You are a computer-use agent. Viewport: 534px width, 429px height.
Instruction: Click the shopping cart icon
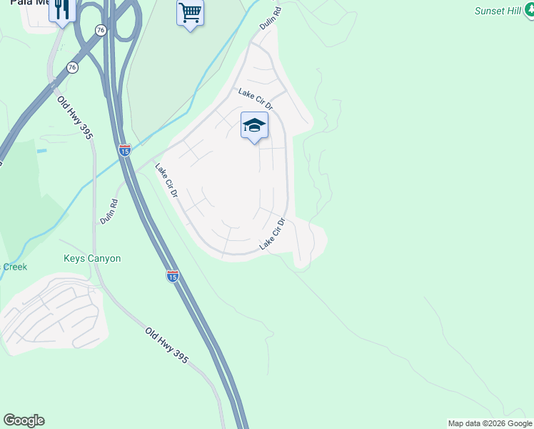[x=190, y=12]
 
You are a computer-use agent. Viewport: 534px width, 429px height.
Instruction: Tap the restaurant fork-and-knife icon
[x=62, y=9]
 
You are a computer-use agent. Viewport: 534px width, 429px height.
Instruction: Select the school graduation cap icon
[x=254, y=126]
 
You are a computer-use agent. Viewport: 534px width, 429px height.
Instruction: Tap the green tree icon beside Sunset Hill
[x=527, y=11]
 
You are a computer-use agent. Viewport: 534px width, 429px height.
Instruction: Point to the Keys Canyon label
[x=92, y=259]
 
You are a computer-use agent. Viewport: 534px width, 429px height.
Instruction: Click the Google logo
[x=24, y=420]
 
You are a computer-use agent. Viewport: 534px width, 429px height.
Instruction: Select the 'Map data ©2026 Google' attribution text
[x=490, y=423]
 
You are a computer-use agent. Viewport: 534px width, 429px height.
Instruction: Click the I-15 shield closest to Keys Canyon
[x=172, y=276]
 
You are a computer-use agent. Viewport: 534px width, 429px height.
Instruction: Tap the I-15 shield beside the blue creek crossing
[x=125, y=151]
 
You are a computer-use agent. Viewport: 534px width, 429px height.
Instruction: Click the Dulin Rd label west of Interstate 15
[x=109, y=212]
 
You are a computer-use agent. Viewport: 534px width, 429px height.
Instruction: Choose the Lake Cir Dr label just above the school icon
[x=256, y=99]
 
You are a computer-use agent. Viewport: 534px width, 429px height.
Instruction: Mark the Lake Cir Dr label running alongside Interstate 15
[x=166, y=181]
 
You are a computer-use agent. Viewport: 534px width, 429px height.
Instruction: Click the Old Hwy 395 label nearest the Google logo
[x=166, y=345]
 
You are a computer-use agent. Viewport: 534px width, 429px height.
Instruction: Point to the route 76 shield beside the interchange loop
[x=101, y=30]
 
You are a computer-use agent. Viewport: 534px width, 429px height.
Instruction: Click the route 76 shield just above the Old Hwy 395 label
[x=72, y=67]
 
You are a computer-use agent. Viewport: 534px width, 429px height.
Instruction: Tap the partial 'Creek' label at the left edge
[x=14, y=267]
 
